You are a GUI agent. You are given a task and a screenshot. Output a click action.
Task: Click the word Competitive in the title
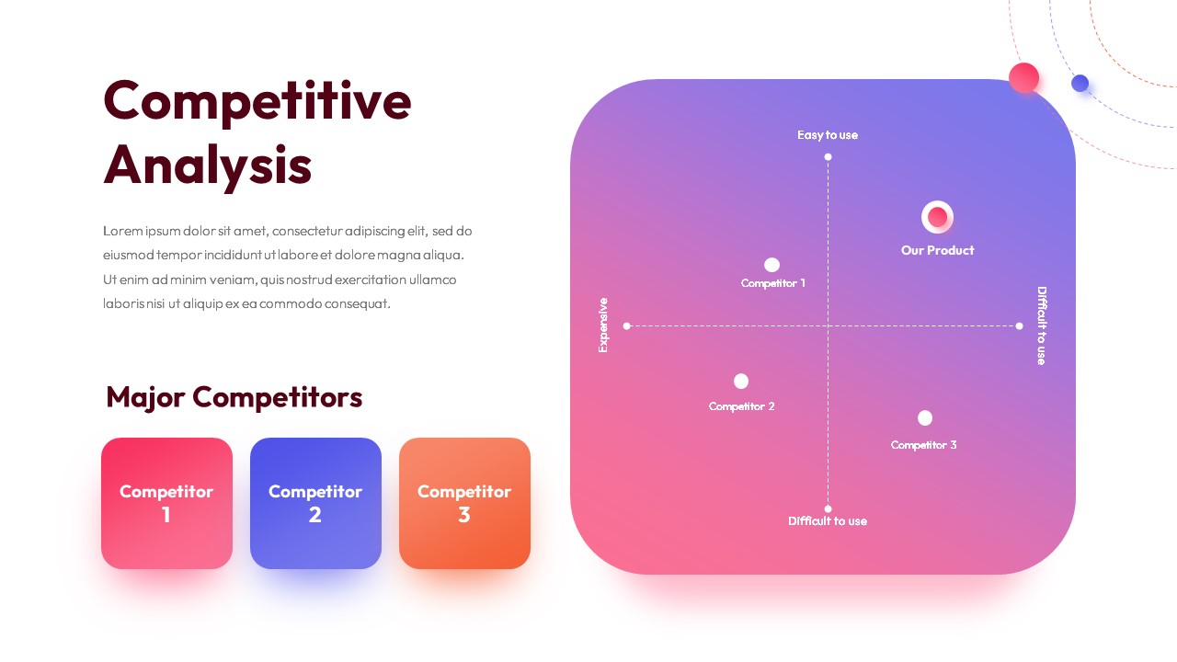[257, 101]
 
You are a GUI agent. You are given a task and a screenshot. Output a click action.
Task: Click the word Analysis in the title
[208, 166]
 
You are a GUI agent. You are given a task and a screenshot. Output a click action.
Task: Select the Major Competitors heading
[234, 397]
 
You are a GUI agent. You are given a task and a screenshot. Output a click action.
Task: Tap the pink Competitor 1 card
[166, 503]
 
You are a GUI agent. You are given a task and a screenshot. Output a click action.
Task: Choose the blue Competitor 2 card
[315, 503]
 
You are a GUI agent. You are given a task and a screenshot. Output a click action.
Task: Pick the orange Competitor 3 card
[464, 503]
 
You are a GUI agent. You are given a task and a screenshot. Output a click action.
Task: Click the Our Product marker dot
[937, 216]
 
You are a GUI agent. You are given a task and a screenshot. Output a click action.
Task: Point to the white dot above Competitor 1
[771, 264]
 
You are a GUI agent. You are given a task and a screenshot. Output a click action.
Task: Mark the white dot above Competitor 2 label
[741, 381]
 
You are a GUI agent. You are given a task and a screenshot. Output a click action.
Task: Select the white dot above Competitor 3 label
[925, 418]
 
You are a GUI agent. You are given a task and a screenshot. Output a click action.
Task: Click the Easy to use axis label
[828, 135]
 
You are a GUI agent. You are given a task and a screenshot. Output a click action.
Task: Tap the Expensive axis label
[602, 325]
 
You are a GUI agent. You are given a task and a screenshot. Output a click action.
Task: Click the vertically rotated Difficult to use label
[1042, 325]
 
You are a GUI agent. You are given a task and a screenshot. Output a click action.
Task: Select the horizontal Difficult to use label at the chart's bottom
[828, 520]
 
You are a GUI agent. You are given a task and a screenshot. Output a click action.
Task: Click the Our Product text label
[937, 250]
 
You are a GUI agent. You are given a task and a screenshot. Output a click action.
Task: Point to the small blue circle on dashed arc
[1080, 83]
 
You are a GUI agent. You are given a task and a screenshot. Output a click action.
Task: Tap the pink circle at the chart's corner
[1023, 78]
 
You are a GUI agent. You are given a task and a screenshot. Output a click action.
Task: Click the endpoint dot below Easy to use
[828, 156]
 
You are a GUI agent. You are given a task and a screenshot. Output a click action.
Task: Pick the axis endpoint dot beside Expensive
[626, 325]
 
